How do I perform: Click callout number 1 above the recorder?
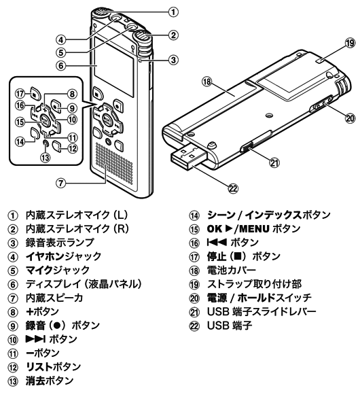(173, 12)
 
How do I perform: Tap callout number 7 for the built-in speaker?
(60, 183)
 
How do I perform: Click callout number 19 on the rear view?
(350, 43)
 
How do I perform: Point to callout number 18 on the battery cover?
(207, 82)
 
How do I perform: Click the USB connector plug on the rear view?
(188, 156)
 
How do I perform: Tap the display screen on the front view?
(114, 67)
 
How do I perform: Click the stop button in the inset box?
(35, 94)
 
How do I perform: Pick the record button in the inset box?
(56, 105)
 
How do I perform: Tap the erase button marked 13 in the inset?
(46, 143)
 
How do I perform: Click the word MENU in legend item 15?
(254, 229)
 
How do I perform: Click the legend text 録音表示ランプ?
(60, 243)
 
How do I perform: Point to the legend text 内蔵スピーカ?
(54, 298)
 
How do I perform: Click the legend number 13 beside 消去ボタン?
(13, 381)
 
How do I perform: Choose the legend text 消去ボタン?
(50, 381)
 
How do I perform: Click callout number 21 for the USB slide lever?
(274, 162)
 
